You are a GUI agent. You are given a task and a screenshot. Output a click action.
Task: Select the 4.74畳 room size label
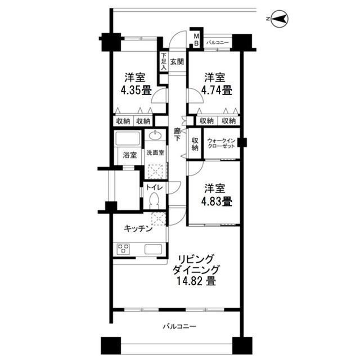[216, 89]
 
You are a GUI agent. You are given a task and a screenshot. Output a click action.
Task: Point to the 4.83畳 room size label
[216, 200]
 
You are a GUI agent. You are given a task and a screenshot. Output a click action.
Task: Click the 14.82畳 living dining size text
[196, 280]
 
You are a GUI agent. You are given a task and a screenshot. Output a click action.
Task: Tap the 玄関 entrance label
[177, 62]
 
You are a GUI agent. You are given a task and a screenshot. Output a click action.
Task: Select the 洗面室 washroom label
[155, 153]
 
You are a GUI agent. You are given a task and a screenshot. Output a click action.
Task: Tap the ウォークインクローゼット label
[221, 143]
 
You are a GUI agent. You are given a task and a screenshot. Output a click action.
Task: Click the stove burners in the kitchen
[124, 249]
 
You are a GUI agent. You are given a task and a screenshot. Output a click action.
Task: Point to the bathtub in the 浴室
[128, 138]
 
